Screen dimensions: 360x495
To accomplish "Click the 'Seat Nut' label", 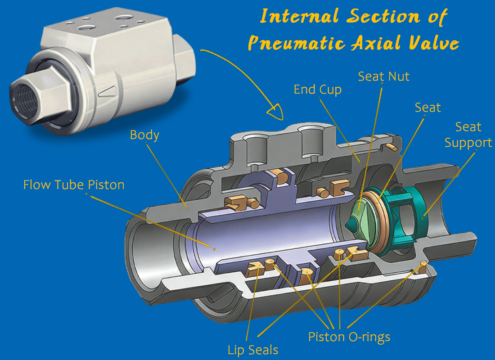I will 383,76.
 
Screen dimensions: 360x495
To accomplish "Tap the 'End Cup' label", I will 317,90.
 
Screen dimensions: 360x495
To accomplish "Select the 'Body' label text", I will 144,135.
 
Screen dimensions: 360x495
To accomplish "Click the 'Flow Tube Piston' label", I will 74,184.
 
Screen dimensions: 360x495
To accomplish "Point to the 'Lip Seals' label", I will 252,350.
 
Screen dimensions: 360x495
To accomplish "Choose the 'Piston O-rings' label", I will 349,337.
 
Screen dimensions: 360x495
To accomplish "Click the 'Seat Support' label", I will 468,135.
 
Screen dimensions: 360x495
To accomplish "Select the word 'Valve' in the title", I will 433,43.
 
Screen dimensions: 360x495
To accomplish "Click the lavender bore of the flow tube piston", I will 252,229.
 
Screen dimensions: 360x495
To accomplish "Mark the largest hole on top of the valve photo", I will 122,18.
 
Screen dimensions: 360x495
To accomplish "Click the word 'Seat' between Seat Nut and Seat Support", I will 427,108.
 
